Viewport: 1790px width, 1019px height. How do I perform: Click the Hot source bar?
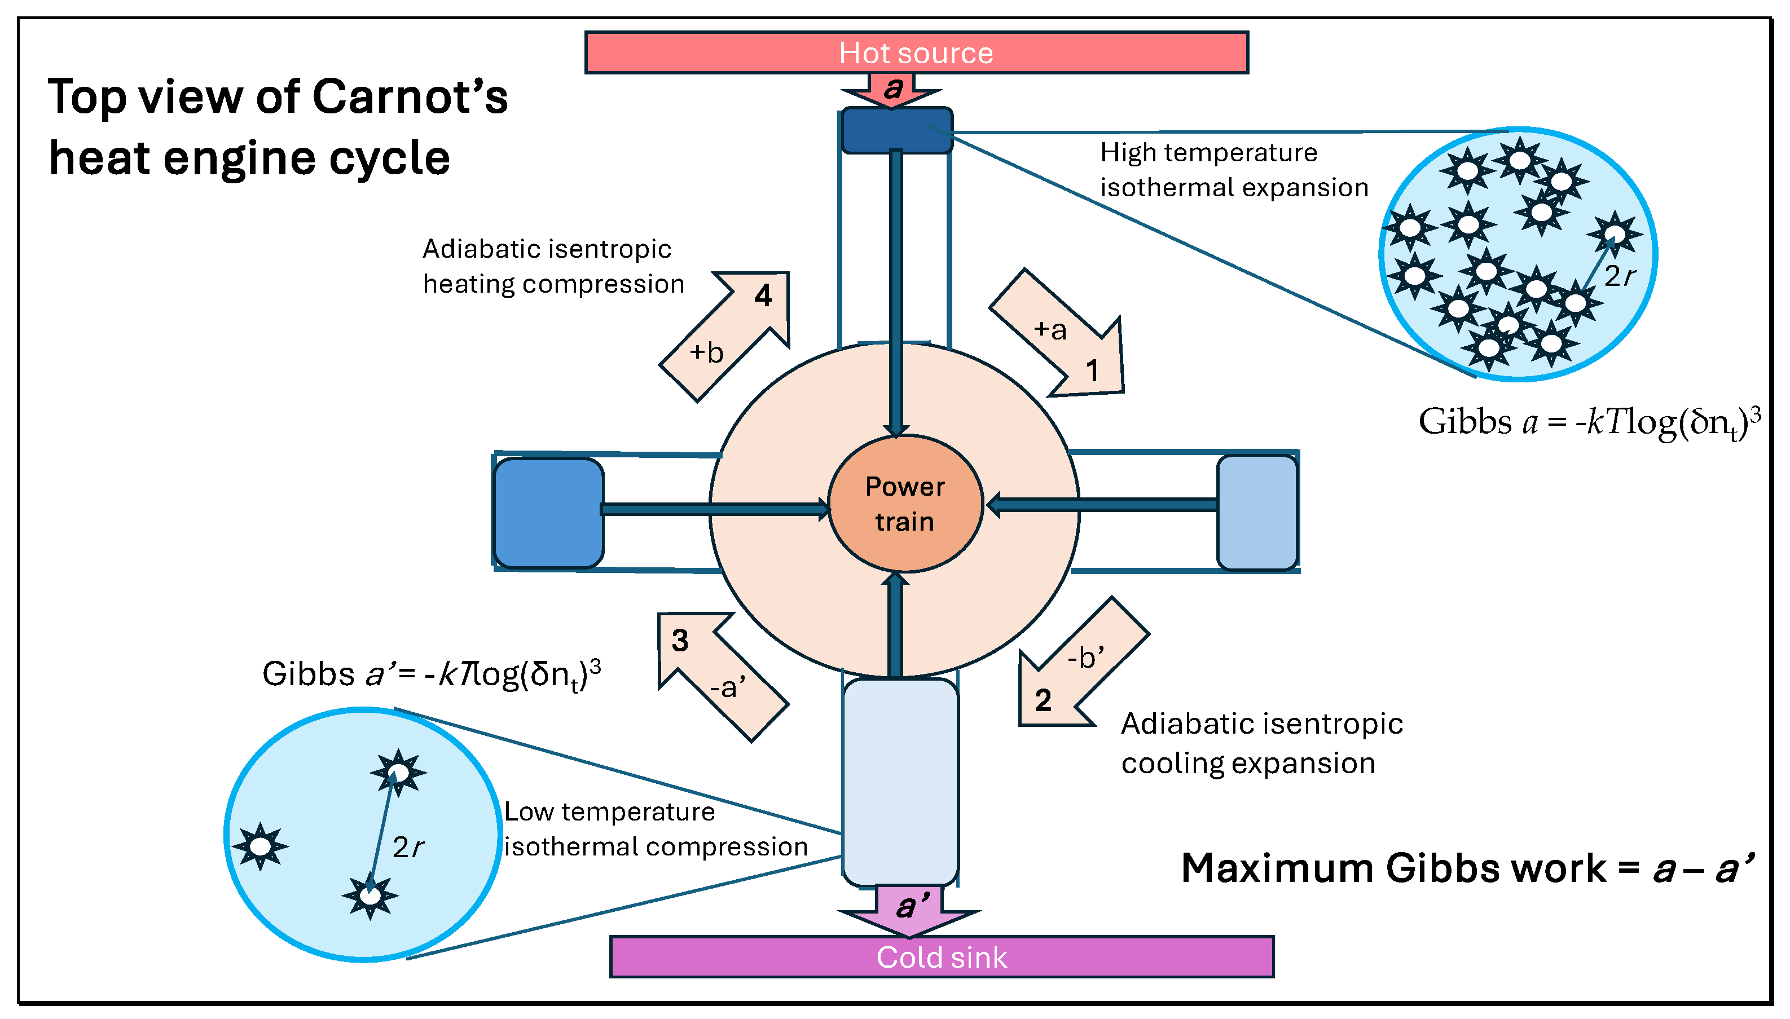(916, 52)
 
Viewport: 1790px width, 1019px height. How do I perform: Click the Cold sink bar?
(941, 957)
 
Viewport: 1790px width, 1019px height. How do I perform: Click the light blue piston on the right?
(1257, 512)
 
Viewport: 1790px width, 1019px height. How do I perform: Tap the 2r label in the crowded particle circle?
(1619, 276)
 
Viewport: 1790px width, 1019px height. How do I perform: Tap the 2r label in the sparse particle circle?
(407, 848)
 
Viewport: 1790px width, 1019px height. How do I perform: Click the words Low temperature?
(609, 812)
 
